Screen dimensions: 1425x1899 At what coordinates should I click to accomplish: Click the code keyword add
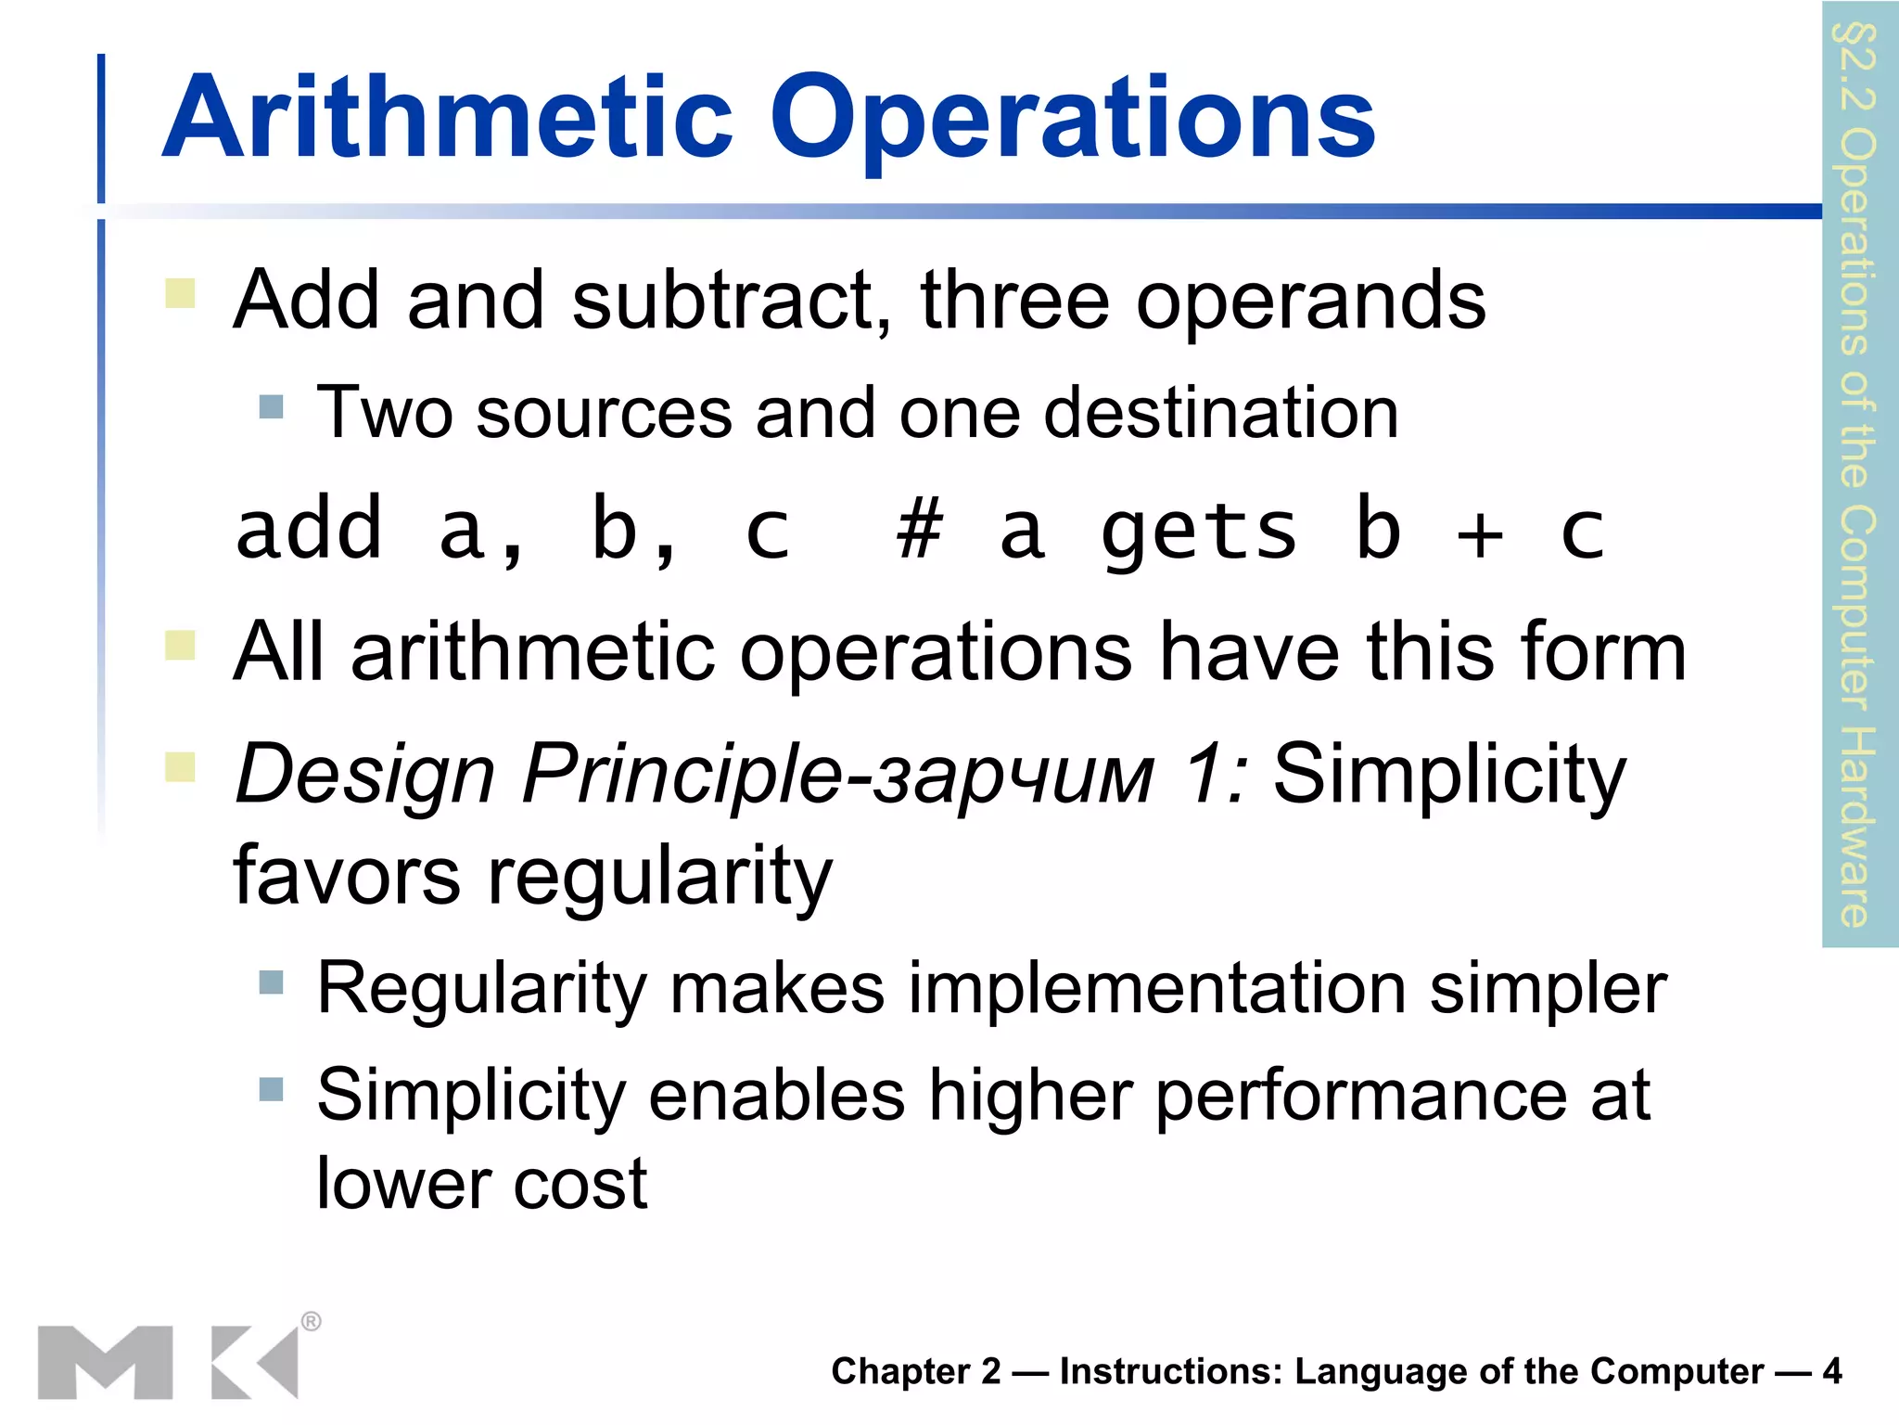click(x=309, y=530)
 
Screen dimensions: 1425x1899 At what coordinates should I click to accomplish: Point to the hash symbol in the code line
click(x=919, y=530)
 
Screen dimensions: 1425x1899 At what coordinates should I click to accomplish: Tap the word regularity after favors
click(x=660, y=877)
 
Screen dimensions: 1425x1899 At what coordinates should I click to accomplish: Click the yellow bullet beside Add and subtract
click(x=180, y=293)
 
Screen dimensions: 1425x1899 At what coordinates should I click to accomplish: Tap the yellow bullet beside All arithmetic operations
click(x=180, y=645)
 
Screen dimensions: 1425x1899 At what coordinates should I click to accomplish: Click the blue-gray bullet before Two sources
click(x=271, y=406)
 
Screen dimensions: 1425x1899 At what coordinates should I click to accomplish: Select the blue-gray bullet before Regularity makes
click(x=271, y=982)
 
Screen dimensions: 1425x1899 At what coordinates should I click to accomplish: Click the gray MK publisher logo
click(x=168, y=1361)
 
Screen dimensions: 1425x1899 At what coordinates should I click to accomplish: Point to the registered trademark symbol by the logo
click(x=312, y=1321)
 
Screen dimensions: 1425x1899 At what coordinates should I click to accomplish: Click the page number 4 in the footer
click(x=1831, y=1370)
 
